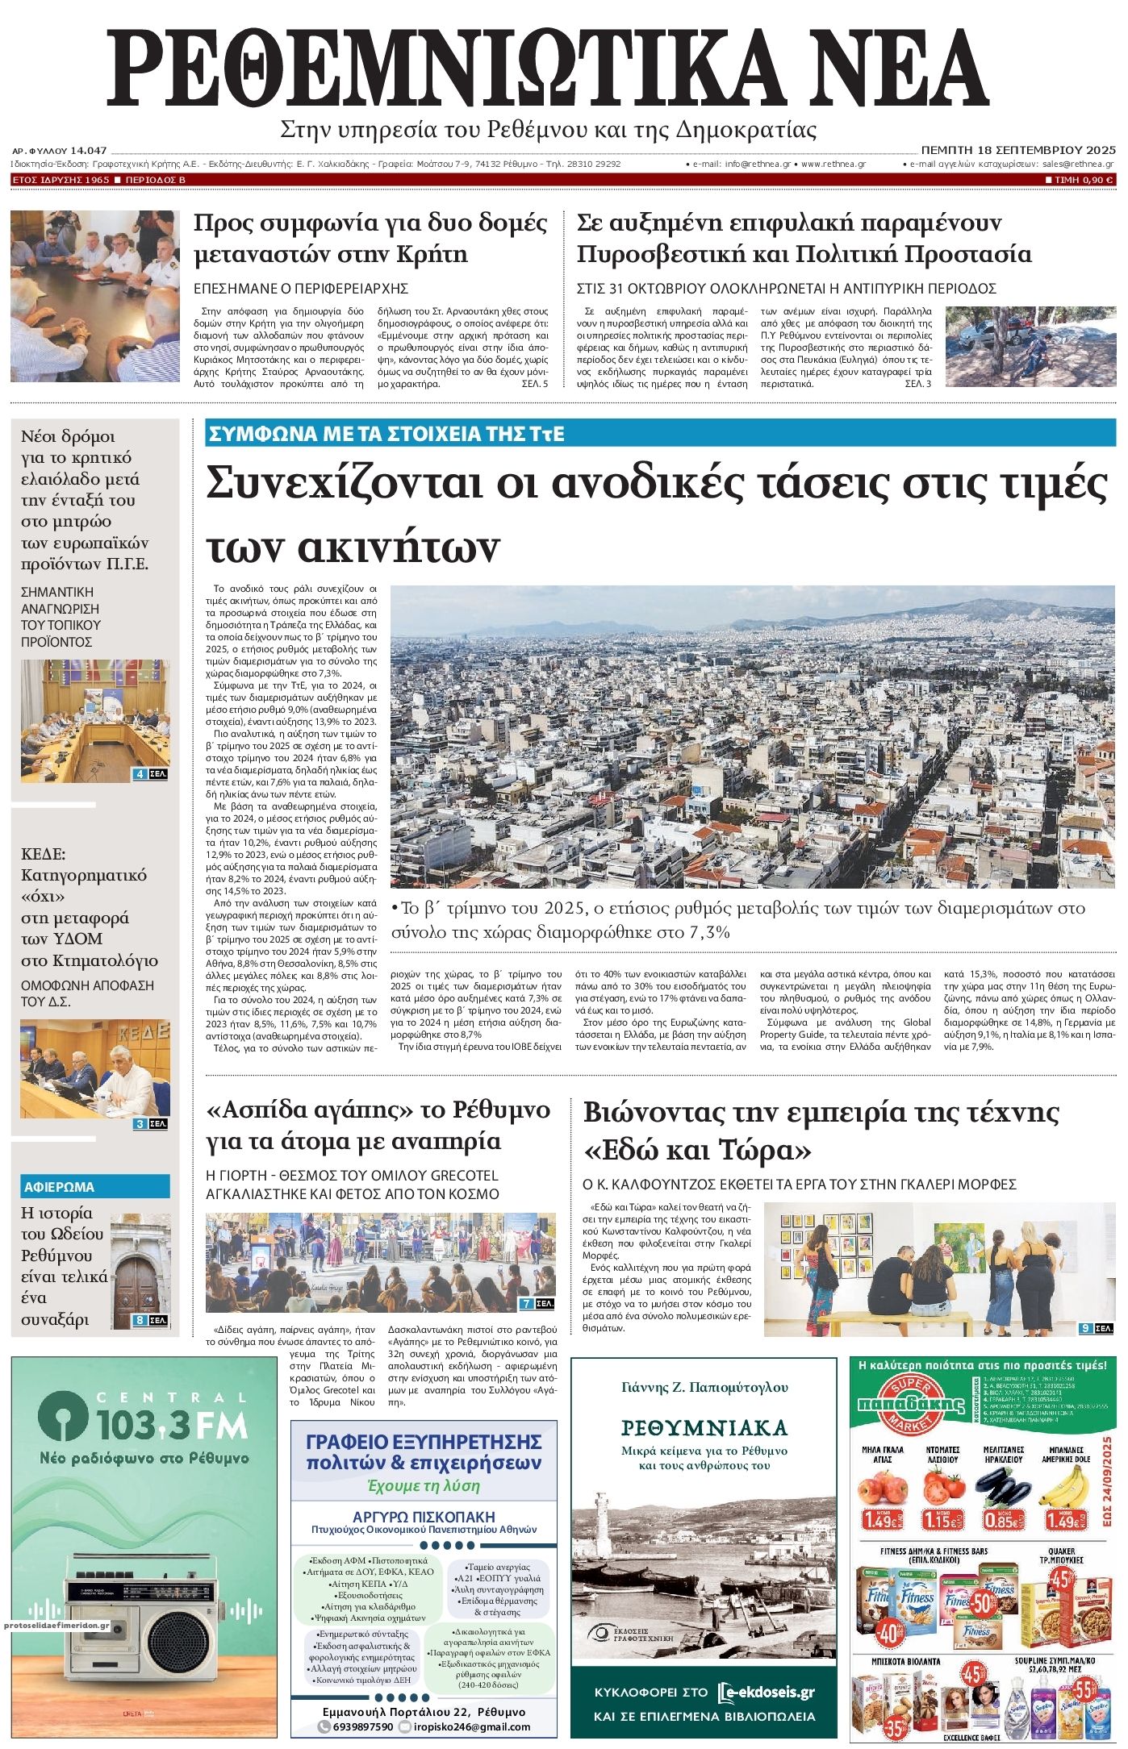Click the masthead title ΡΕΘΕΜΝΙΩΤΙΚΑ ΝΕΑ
pos(549,69)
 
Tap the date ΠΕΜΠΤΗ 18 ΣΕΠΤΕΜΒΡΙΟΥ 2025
pos(1018,150)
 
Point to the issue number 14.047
pos(89,151)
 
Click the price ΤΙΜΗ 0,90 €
pos(1079,180)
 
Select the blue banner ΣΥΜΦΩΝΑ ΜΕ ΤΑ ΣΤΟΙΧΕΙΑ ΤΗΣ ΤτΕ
pos(386,434)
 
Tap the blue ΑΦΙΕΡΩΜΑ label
pos(59,1187)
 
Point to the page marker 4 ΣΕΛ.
pos(150,775)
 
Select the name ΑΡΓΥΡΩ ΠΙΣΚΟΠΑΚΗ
pos(424,1516)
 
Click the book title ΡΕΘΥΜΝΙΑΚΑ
pos(704,1428)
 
